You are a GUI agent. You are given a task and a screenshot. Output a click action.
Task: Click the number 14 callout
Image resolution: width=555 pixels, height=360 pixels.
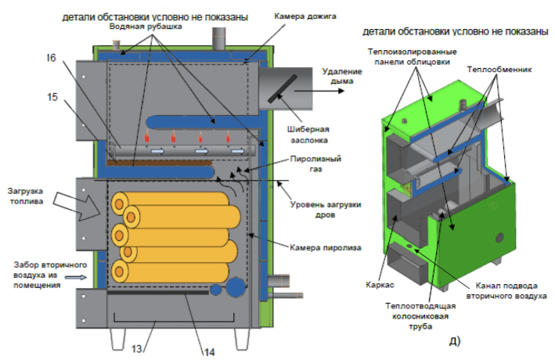(208, 351)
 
